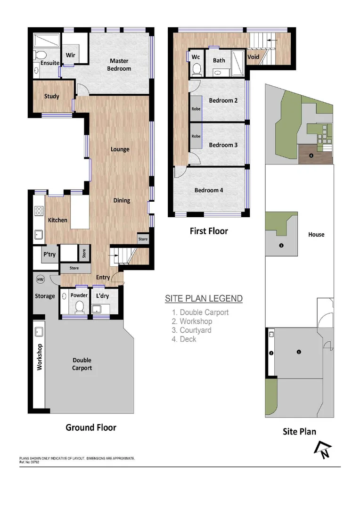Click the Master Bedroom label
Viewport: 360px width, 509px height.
tap(120, 65)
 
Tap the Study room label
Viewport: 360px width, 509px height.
tap(51, 96)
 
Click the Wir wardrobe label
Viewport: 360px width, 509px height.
tap(70, 54)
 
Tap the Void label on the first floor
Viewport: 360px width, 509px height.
tap(254, 57)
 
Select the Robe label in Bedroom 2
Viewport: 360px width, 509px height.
tap(196, 109)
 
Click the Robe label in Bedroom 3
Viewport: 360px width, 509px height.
tap(196, 136)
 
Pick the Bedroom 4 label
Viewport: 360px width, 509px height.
tap(209, 190)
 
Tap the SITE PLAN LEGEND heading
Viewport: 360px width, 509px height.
tap(204, 298)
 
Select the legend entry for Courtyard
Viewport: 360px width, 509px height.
tap(192, 330)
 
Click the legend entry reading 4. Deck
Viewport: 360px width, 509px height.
tap(184, 339)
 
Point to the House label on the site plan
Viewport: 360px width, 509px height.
tap(316, 234)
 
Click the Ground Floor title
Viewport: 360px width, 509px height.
tap(90, 427)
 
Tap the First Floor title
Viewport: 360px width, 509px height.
tap(209, 231)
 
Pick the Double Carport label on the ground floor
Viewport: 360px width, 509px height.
tap(82, 364)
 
